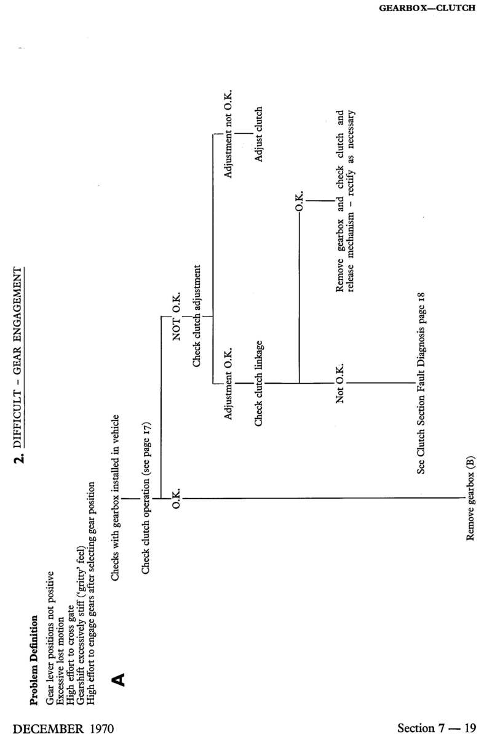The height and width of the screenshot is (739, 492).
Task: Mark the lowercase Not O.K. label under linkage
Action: tap(340, 382)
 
